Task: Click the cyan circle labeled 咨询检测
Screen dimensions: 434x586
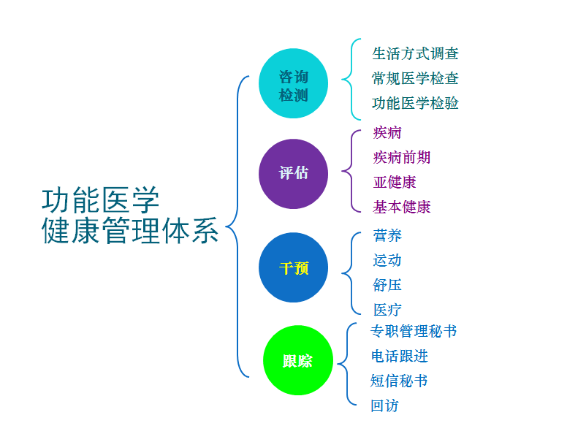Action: (x=294, y=84)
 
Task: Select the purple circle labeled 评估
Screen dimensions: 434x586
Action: (x=294, y=174)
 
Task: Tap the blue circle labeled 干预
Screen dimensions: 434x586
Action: (x=294, y=267)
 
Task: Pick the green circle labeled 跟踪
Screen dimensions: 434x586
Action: (x=298, y=360)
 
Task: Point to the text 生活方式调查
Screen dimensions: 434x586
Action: (x=415, y=53)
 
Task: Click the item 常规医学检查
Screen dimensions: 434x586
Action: (x=415, y=78)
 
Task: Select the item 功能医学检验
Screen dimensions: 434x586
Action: (x=415, y=103)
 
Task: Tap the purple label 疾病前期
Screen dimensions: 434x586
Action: (x=402, y=157)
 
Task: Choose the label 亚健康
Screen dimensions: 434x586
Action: (x=395, y=182)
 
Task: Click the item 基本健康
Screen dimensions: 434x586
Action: (x=402, y=207)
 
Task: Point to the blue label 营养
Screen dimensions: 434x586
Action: (x=387, y=235)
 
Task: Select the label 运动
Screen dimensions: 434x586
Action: (x=387, y=260)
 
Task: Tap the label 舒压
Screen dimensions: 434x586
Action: (x=387, y=285)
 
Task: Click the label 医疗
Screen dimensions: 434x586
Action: (x=387, y=310)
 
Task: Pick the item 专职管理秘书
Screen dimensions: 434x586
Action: (x=414, y=331)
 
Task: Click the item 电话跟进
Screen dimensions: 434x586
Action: (x=399, y=356)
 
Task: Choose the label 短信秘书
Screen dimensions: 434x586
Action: (x=399, y=381)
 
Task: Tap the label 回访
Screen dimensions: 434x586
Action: (x=384, y=406)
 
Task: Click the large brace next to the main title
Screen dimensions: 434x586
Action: (x=236, y=226)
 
